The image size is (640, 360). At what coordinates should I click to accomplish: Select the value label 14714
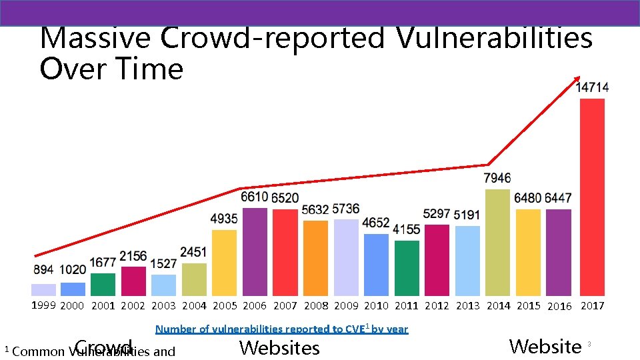point(592,87)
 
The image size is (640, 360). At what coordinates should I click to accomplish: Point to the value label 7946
point(497,178)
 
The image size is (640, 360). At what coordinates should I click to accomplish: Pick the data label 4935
point(224,219)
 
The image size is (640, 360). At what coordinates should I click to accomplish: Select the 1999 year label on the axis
point(44,305)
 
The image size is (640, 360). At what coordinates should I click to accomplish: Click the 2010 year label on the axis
point(377,306)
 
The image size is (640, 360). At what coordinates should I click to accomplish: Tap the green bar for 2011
point(407,268)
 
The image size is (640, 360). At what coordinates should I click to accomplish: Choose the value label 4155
point(407,229)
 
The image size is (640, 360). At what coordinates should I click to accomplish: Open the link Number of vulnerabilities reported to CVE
point(281,329)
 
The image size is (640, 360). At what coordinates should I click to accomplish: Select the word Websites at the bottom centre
point(279,347)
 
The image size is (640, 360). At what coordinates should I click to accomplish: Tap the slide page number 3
point(589,344)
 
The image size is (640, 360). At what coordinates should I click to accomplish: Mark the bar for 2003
point(163,285)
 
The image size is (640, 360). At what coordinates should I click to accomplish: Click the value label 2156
point(133,257)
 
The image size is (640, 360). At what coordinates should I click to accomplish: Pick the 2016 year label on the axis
point(559,307)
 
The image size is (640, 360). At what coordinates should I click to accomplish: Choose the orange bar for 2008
point(315,257)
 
